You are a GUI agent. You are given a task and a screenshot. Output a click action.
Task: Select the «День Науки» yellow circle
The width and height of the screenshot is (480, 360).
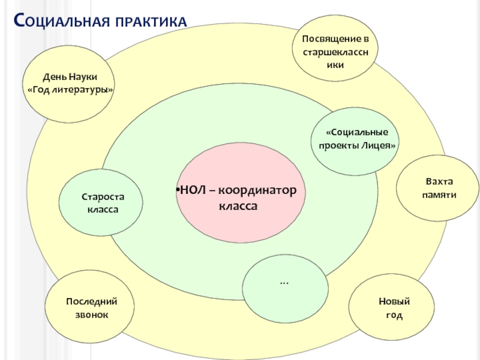click(x=70, y=84)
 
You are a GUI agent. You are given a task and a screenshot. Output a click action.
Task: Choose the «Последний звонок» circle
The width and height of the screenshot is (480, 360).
click(x=92, y=307)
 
